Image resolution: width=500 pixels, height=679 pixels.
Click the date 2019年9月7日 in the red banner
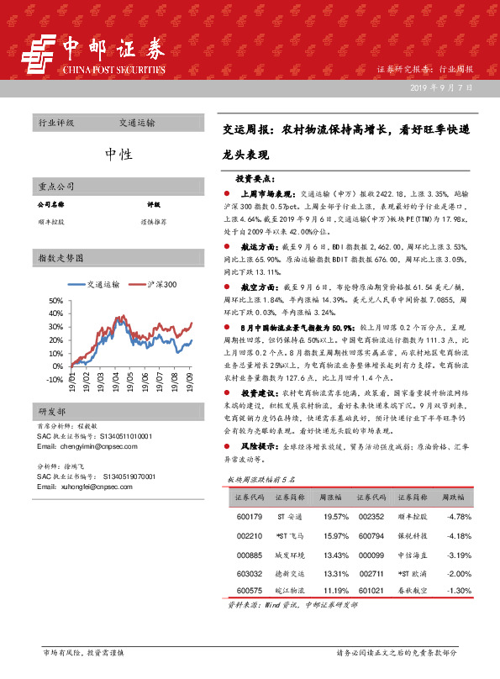443,88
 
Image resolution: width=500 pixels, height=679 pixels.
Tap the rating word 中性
118,154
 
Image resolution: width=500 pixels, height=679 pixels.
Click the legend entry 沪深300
153,285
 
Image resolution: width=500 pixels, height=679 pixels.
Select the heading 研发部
51,411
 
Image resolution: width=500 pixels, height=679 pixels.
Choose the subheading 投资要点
255,178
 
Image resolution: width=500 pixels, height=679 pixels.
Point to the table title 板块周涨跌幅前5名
264,479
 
